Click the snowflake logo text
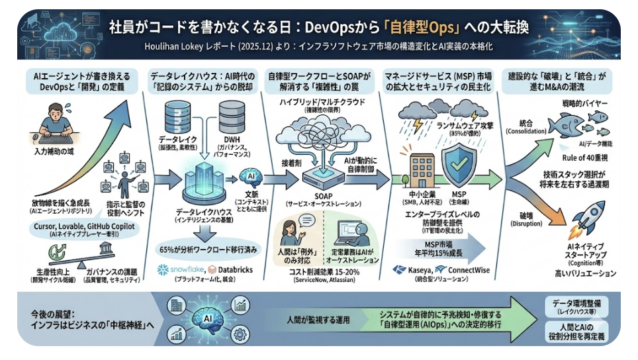click(179, 269)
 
